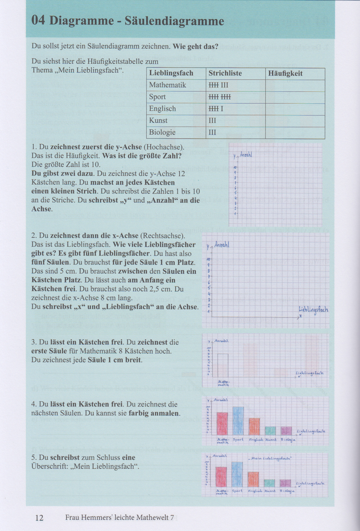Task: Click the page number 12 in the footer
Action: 40,517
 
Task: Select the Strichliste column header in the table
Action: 225,73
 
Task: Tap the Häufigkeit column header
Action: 285,73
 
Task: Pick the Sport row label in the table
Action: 157,97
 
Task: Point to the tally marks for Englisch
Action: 216,109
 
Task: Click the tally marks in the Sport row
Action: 220,97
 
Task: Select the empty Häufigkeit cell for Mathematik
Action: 295,85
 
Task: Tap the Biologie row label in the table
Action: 162,132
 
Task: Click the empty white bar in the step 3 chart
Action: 223,364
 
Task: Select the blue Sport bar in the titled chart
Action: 237,474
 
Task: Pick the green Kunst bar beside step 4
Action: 270,431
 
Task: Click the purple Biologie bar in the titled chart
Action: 285,483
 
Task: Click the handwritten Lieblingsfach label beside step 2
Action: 313,310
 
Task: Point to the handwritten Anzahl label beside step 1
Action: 246,155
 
